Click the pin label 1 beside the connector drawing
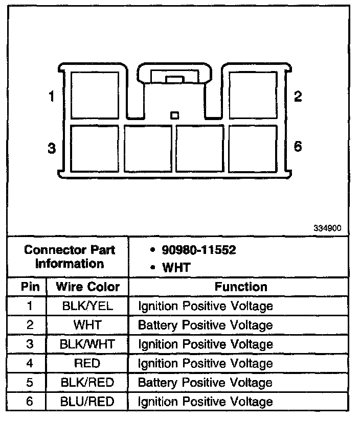(x=51, y=96)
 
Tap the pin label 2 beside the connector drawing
(x=298, y=96)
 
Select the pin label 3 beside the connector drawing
(x=51, y=148)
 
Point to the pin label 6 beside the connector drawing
(x=298, y=147)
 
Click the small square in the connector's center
(x=174, y=115)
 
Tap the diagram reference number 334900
(x=327, y=228)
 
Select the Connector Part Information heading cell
(x=70, y=257)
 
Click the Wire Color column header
(x=87, y=287)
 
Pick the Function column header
(x=240, y=287)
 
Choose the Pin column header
(x=30, y=287)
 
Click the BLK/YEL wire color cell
(x=87, y=306)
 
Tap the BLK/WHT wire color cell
(x=87, y=344)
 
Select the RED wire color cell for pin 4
(x=87, y=363)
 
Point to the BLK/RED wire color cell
(x=87, y=383)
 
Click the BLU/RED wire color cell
(x=87, y=402)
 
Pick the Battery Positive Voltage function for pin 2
(x=205, y=325)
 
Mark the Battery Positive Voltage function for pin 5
(x=205, y=383)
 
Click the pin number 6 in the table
(x=30, y=402)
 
